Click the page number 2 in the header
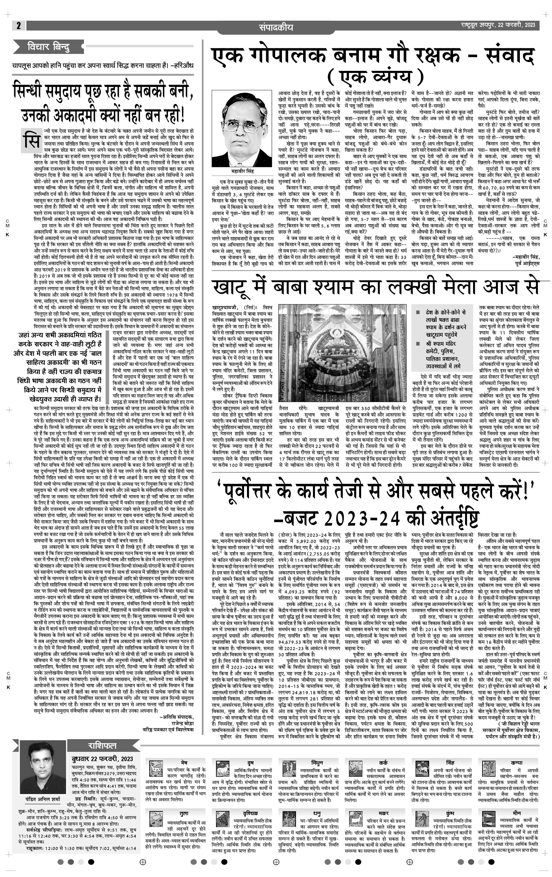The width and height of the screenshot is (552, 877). [x=18, y=26]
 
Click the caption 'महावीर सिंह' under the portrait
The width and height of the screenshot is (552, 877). [x=242, y=171]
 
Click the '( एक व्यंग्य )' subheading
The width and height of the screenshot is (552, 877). [x=375, y=77]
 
